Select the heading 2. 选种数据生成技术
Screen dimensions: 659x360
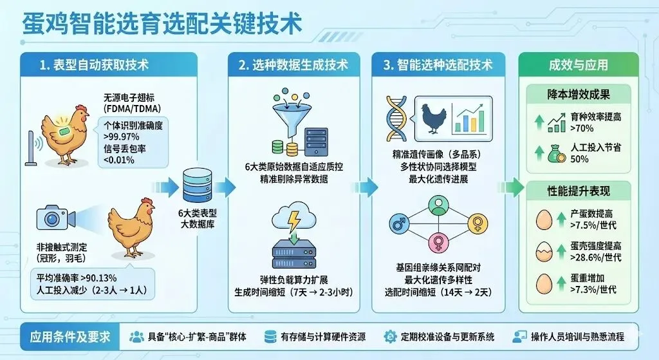[x=293, y=65]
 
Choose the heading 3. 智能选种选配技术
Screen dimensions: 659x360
[x=438, y=65]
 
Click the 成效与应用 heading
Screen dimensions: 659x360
[x=578, y=65]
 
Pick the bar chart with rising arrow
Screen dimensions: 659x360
[x=469, y=118]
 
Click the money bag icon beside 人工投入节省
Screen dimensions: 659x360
[x=555, y=154]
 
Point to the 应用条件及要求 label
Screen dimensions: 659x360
[x=70, y=337]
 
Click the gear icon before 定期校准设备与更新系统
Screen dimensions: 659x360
[x=390, y=337]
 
